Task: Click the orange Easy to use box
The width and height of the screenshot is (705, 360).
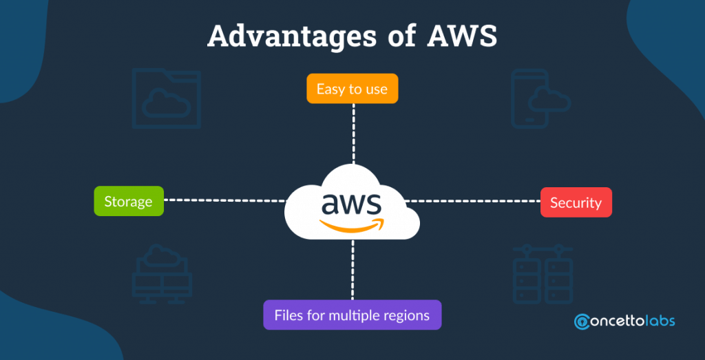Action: coord(352,89)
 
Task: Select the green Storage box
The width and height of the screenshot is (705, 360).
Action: coord(129,201)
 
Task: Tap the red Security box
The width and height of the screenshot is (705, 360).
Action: coord(576,202)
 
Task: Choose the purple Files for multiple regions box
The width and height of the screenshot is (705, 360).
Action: coord(352,315)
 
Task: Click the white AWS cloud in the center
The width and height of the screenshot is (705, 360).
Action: coord(352,207)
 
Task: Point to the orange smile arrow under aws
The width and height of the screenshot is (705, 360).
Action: coord(351,224)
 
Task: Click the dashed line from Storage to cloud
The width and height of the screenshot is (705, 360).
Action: coord(224,200)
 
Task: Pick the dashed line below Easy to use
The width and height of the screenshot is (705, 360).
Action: coord(352,134)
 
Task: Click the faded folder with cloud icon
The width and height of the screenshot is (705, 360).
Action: coord(166,98)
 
